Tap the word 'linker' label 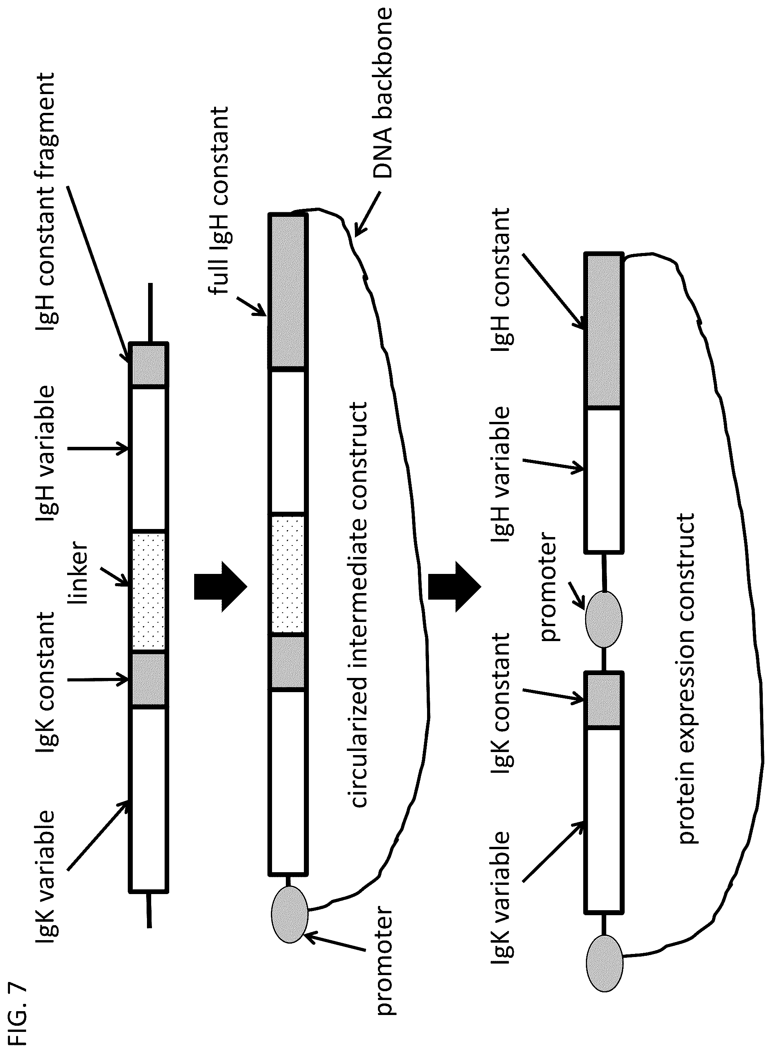(x=78, y=572)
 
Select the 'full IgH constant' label (x=219, y=201)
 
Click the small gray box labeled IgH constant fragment (x=148, y=365)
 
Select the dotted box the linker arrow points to (x=148, y=592)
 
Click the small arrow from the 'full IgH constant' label (x=251, y=306)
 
